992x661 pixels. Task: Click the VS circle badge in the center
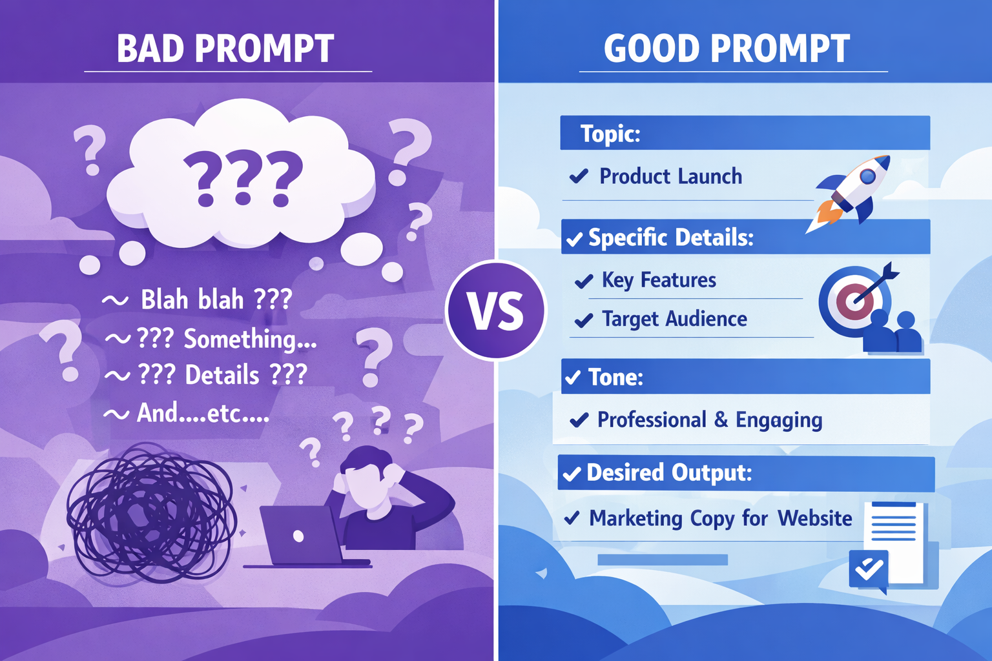[495, 310]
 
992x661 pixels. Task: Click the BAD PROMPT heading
[225, 49]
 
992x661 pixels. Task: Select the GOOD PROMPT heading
[727, 49]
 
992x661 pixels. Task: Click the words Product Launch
[670, 176]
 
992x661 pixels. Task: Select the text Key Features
[659, 280]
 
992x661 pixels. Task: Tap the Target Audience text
[674, 319]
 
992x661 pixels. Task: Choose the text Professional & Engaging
[710, 420]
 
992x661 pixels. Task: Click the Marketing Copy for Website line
[721, 518]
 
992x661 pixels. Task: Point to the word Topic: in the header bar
[610, 134]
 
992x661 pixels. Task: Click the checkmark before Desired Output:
[572, 474]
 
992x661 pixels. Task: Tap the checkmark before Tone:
[573, 378]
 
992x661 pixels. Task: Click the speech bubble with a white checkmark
[869, 569]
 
